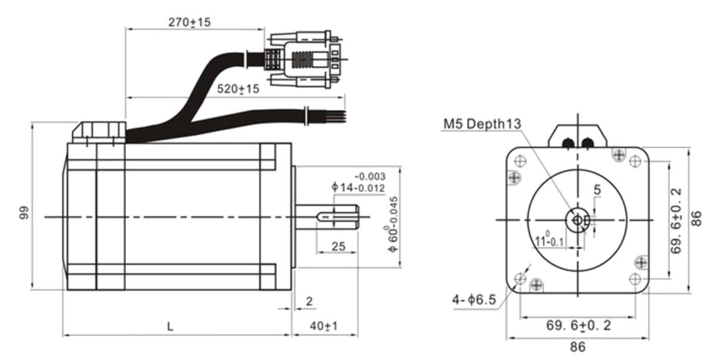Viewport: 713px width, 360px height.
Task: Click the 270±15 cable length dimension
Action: click(190, 23)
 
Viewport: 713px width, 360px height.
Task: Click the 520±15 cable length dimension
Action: click(238, 89)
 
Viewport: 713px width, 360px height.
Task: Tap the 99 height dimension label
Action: click(24, 213)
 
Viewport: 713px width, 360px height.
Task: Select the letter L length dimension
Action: click(171, 326)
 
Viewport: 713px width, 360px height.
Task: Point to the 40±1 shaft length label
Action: click(323, 326)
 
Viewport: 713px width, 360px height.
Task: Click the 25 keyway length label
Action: click(338, 247)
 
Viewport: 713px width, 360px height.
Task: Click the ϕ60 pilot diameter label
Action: click(393, 225)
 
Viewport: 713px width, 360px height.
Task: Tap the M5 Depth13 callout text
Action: click(482, 124)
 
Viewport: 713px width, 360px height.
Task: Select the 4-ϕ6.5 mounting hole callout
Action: click(474, 299)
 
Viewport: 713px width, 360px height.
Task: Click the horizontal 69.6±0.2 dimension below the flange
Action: click(578, 326)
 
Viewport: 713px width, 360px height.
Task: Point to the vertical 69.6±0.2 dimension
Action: click(676, 221)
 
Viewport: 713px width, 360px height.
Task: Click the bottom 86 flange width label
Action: click(578, 347)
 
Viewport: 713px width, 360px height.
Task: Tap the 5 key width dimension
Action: click(597, 190)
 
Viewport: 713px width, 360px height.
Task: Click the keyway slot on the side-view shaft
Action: click(337, 217)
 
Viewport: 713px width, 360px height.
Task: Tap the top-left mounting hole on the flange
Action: click(520, 161)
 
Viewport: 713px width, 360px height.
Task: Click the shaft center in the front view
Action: click(578, 220)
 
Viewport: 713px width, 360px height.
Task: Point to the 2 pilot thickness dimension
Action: click(309, 301)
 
